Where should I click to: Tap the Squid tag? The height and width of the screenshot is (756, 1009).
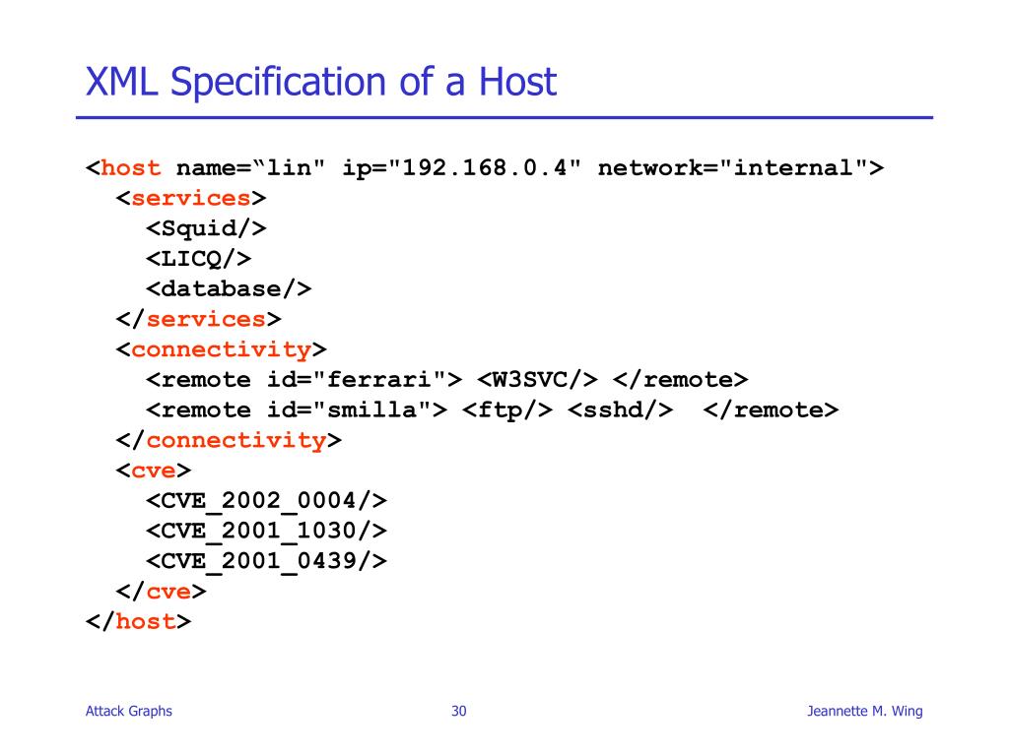(207, 228)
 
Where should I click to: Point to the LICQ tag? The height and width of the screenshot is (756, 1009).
(199, 258)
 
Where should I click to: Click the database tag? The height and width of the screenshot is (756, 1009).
(229, 288)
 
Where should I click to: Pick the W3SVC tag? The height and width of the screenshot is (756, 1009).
(538, 380)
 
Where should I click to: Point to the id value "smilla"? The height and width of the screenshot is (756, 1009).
(380, 409)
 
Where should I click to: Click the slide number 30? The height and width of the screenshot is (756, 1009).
(459, 712)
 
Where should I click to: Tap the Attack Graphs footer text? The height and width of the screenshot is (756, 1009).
(129, 712)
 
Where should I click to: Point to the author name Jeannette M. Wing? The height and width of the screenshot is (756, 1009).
(864, 712)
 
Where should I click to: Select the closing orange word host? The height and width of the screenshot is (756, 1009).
(146, 621)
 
